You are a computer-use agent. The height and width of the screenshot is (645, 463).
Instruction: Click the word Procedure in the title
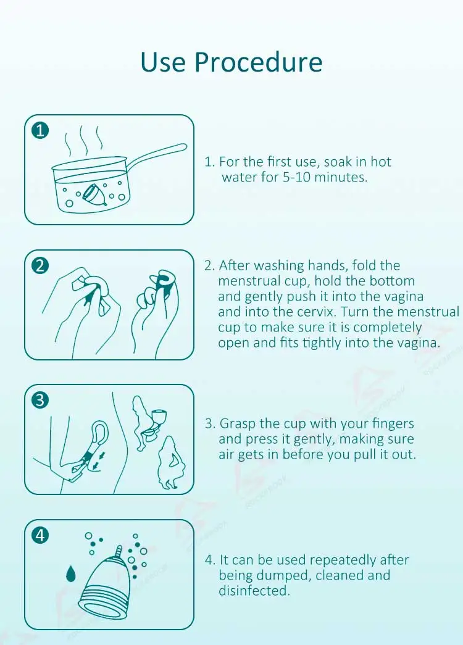pos(258,62)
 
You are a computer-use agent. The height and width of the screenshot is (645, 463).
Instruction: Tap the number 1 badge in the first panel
pos(40,130)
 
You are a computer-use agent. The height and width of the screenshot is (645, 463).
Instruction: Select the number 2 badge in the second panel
pos(40,265)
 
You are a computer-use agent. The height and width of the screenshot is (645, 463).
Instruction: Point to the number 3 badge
pos(40,400)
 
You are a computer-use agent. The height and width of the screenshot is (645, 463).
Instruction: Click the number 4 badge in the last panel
pos(40,535)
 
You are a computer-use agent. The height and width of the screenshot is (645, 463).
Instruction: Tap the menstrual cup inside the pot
pos(94,193)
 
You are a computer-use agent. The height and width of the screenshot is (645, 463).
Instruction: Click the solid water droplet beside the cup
pos(71,573)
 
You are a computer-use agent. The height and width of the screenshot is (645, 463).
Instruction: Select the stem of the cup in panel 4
pos(119,551)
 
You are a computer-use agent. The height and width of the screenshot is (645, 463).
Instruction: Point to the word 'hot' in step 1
pos(381,162)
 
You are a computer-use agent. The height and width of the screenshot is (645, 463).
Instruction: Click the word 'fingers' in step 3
pos(393,423)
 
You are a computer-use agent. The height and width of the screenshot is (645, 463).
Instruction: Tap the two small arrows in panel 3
pos(98,460)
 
